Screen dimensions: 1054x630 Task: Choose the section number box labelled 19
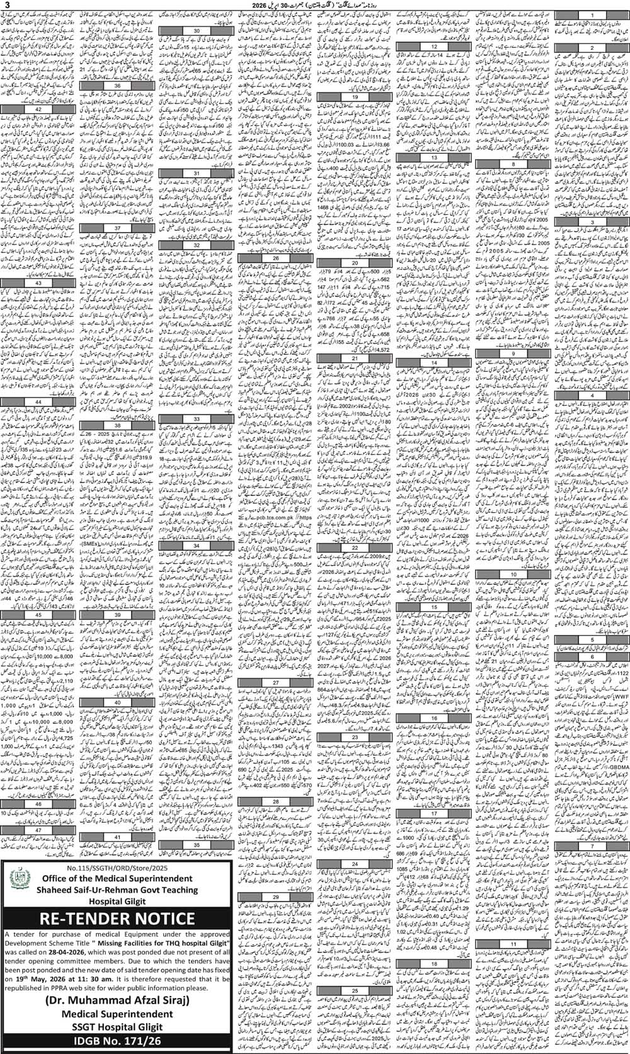355,98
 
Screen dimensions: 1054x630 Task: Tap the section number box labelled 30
197,30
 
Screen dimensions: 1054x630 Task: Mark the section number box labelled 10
513,575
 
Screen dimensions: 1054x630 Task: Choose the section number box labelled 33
197,418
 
